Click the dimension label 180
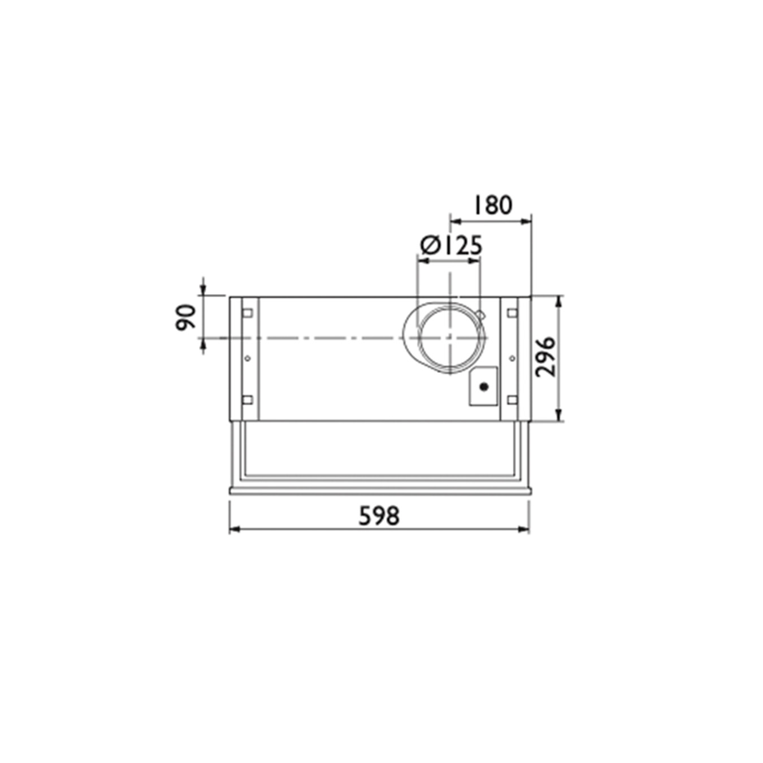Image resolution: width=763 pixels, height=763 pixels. tap(493, 205)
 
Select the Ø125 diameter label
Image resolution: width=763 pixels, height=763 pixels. tap(451, 246)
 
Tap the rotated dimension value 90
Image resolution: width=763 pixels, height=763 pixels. tap(185, 317)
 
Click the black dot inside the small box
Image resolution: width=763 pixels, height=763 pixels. tap(483, 387)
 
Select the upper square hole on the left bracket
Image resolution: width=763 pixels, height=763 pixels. tap(247, 313)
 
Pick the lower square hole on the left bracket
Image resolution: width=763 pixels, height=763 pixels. tap(247, 400)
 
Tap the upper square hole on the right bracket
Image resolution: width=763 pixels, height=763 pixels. tap(512, 313)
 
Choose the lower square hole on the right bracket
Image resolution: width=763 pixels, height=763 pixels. tap(512, 400)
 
